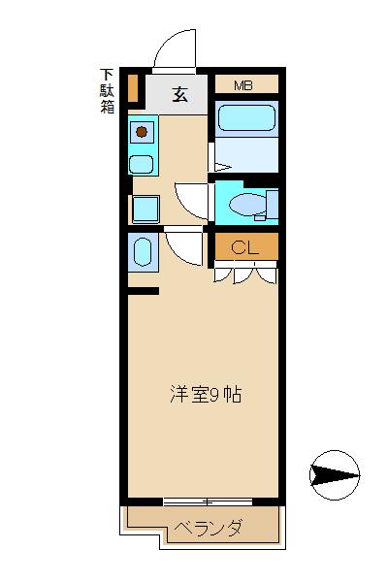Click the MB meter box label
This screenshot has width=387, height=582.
coord(243,85)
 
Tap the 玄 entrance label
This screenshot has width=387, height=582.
coord(180,94)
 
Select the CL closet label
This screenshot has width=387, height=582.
coord(244,247)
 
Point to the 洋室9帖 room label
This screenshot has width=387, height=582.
coord(206,395)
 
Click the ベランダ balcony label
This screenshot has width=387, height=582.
coord(209,528)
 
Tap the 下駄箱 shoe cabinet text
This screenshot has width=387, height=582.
coord(107,91)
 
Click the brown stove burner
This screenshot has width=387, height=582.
coord(142,131)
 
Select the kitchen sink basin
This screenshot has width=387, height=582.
coord(141,165)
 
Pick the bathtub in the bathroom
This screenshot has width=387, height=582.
coord(246,118)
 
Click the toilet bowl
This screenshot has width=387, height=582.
coord(247,204)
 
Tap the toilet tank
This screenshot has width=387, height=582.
coord(273,204)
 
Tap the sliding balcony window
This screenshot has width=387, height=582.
coord(208,502)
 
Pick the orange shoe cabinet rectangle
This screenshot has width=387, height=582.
coord(133,88)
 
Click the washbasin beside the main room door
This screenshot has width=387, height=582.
coord(143,252)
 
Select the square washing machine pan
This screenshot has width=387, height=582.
coord(145,209)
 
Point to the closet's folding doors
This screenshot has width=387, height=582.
coord(245,273)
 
